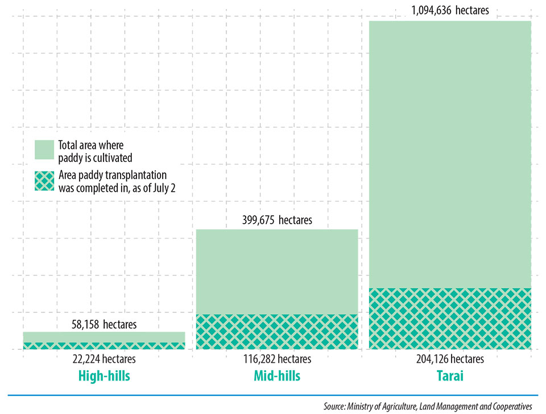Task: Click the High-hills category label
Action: (104, 376)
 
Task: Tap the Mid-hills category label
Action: (277, 376)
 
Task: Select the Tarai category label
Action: (450, 376)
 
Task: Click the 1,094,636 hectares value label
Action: (449, 10)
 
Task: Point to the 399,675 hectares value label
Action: (277, 220)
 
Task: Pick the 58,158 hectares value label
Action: (104, 324)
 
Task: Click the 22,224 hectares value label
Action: (104, 359)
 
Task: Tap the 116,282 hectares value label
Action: (277, 359)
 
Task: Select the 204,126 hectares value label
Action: (450, 359)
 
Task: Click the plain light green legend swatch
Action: (44, 149)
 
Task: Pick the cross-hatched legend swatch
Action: (44, 181)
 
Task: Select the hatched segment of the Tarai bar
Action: (450, 318)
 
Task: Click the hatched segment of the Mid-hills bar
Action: (277, 331)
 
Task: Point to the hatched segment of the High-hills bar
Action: (104, 345)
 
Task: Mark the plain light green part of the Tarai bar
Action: (450, 153)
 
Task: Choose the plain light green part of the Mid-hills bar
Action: (277, 271)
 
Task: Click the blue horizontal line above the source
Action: (273, 395)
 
